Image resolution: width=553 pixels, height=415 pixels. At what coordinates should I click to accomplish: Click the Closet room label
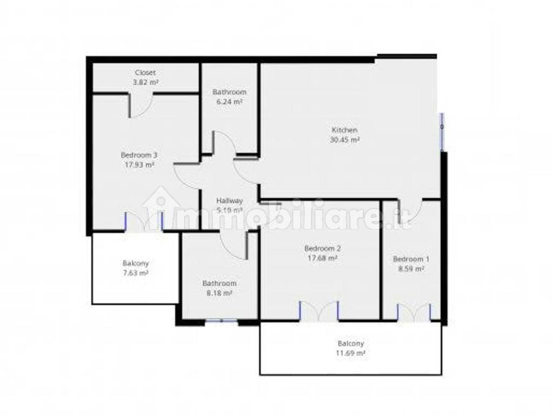[145, 72]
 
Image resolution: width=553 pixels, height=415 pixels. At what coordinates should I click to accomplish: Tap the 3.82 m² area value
[145, 82]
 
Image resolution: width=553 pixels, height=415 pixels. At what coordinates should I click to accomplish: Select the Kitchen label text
[344, 130]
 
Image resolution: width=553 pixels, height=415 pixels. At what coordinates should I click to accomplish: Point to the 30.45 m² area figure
[344, 139]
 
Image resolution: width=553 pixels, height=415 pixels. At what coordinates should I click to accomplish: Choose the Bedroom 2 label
[322, 249]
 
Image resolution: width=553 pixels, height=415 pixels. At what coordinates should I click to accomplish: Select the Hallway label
[230, 200]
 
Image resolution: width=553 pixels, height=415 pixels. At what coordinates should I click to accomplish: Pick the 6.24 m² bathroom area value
[230, 102]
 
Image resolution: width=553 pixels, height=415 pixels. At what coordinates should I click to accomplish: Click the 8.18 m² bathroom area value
[219, 293]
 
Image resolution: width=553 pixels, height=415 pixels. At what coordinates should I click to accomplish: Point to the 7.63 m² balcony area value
[136, 273]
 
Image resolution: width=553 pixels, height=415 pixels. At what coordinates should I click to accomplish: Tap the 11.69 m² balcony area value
[351, 353]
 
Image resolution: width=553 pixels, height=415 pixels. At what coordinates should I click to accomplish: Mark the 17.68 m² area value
[322, 258]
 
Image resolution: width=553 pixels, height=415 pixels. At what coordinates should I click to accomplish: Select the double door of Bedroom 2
[319, 311]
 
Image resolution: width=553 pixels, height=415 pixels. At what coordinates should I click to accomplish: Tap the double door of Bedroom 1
[414, 312]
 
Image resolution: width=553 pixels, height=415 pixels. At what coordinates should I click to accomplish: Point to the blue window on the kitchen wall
[442, 131]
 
